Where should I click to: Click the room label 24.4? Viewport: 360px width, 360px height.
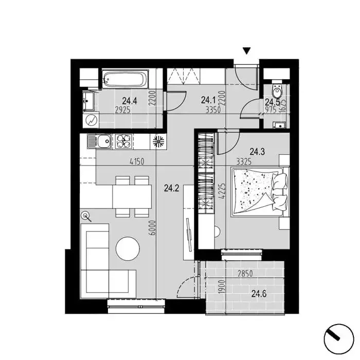(x=130, y=101)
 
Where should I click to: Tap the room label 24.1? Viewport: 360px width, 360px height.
(x=208, y=100)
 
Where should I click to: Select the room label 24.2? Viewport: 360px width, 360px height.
(x=171, y=188)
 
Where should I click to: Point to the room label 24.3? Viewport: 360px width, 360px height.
(x=257, y=152)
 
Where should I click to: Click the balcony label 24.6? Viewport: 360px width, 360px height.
(x=259, y=294)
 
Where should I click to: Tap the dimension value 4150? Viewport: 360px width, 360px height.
(x=137, y=161)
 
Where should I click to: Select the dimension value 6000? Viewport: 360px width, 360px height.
(x=152, y=228)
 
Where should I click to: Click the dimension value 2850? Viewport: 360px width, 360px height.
(x=245, y=274)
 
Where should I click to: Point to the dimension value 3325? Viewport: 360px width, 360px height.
(x=244, y=162)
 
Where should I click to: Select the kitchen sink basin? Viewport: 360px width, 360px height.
(x=104, y=141)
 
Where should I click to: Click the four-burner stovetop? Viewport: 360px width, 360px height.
(x=123, y=141)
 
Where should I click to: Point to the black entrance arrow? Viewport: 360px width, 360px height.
(x=246, y=51)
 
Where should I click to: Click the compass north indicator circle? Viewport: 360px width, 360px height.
(x=338, y=339)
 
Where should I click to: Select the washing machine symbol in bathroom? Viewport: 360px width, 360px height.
(x=91, y=120)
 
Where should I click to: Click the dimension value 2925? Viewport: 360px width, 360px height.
(x=122, y=110)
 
